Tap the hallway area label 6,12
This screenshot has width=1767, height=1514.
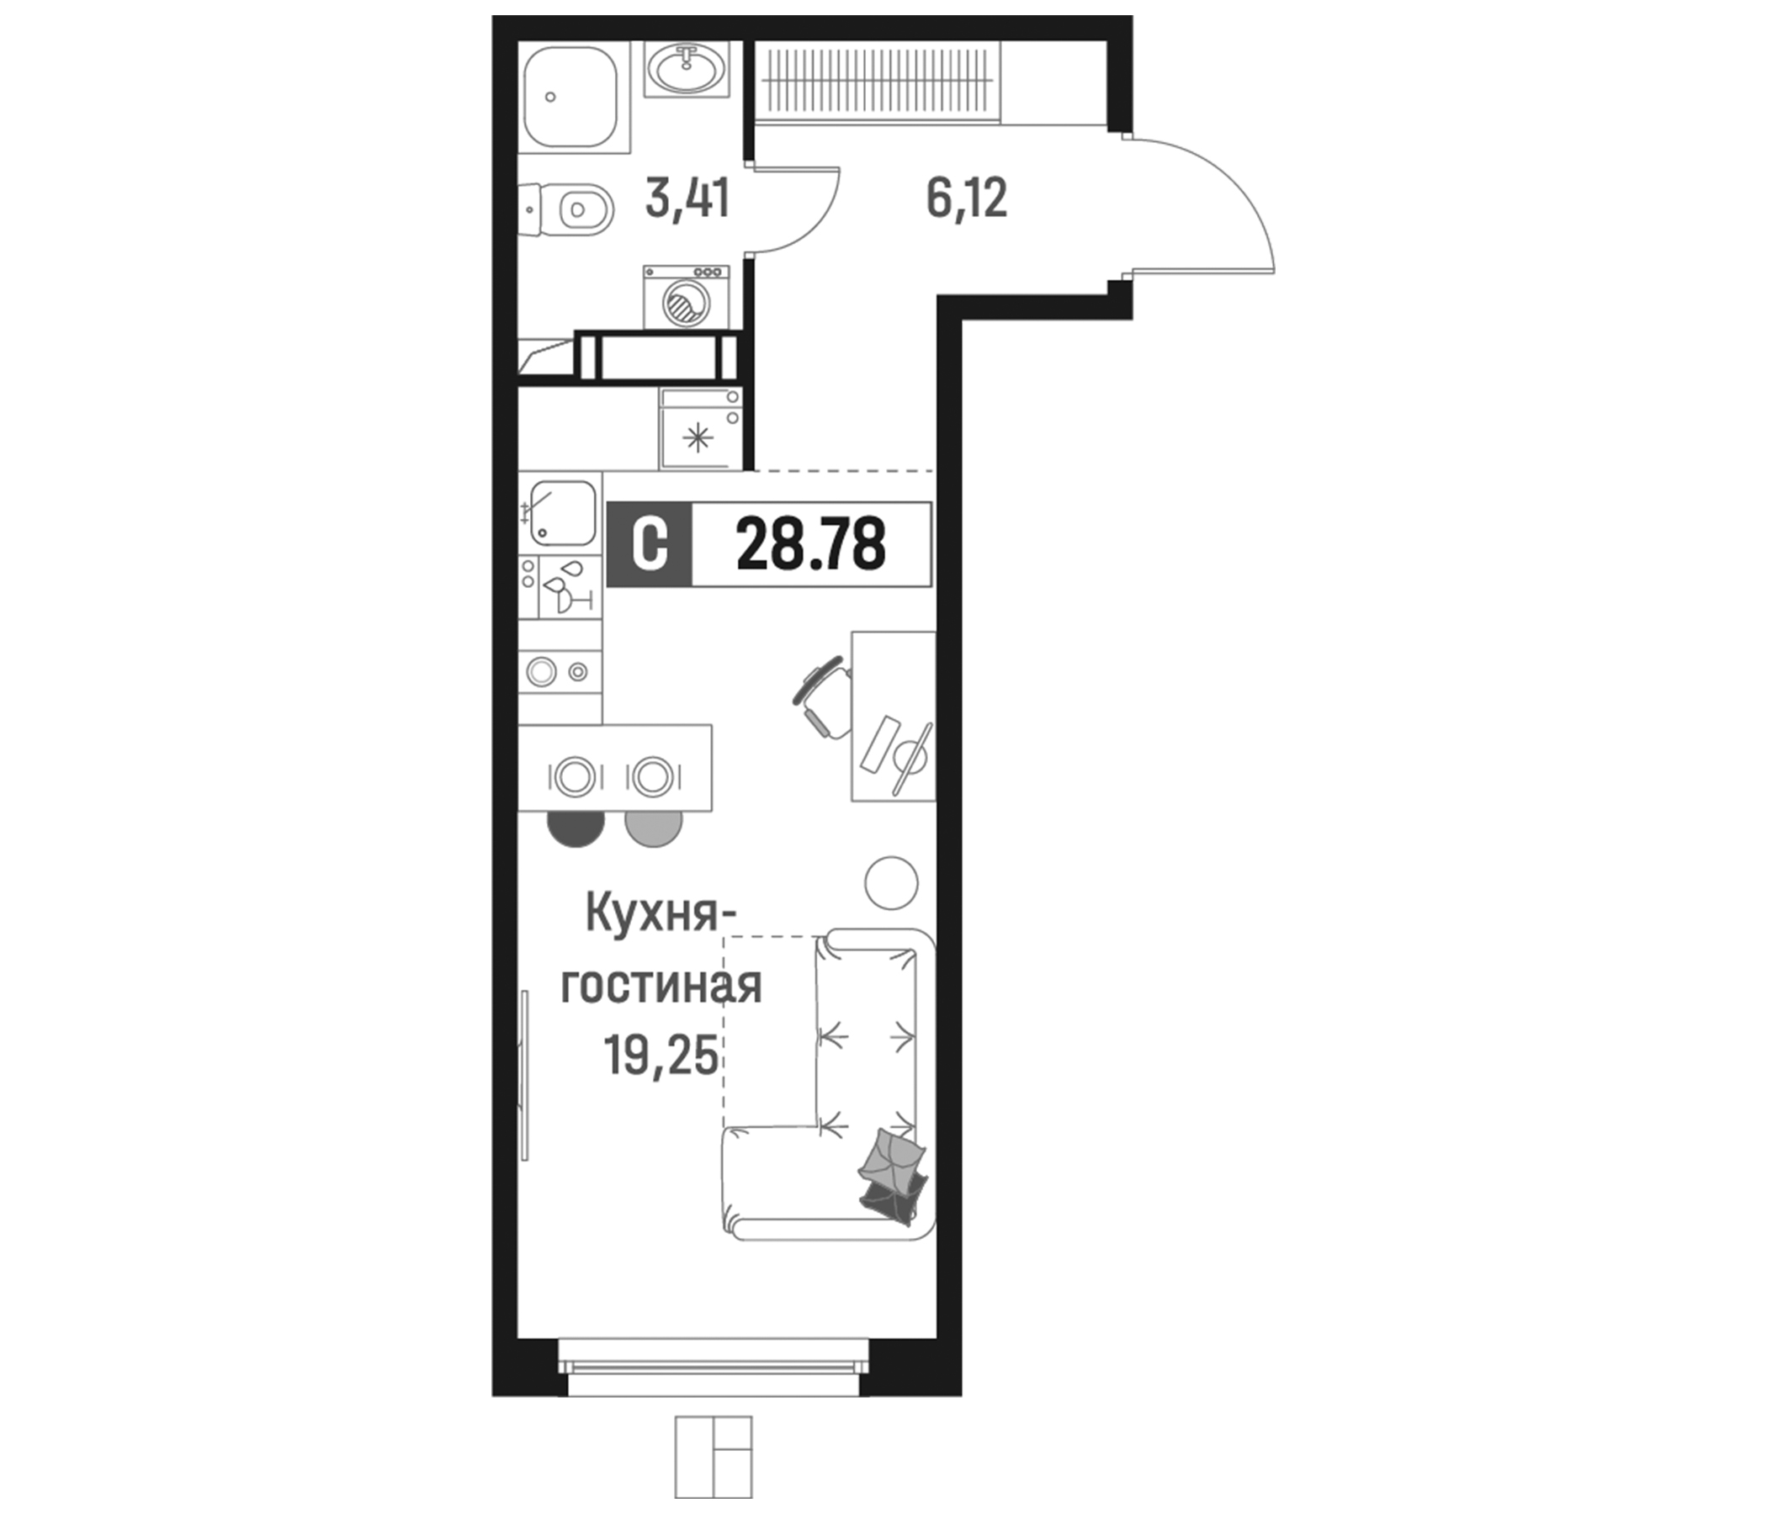(x=966, y=199)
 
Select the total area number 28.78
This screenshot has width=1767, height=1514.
(x=811, y=545)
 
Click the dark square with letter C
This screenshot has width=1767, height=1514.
(x=650, y=545)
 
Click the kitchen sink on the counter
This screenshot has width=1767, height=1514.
(x=562, y=512)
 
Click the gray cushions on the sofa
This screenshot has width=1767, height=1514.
(x=892, y=1178)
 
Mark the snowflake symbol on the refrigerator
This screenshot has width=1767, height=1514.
(x=698, y=440)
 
